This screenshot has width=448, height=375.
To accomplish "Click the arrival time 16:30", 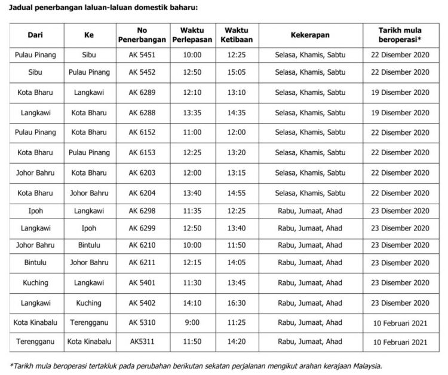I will [237, 303].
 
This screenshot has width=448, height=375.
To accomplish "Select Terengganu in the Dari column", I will [35, 342].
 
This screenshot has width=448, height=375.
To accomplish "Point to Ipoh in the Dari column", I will [35, 211].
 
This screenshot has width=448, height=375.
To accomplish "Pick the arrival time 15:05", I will [237, 72].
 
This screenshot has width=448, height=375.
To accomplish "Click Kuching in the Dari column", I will [35, 282].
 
